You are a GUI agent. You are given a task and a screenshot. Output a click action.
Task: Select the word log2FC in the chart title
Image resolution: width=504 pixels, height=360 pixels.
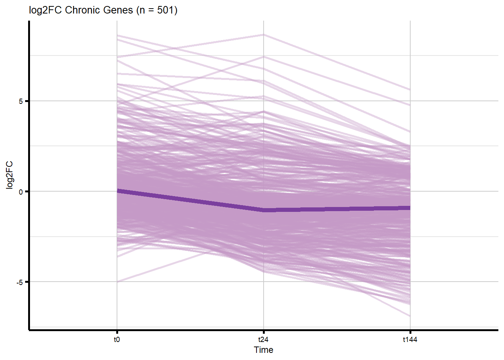[45, 10]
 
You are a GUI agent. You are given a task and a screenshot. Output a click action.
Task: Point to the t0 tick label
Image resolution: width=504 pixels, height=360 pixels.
[117, 340]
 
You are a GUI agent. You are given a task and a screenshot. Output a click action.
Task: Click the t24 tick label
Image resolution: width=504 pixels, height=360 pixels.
[264, 340]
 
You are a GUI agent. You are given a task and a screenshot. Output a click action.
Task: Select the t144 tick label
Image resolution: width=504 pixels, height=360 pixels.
[410, 340]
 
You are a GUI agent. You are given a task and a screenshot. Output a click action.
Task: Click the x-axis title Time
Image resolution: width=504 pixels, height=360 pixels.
[264, 350]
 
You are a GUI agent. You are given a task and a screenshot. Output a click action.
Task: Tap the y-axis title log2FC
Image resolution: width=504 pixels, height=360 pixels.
[10, 175]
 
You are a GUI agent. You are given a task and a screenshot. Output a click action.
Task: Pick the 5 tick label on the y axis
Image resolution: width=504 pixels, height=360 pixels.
[21, 101]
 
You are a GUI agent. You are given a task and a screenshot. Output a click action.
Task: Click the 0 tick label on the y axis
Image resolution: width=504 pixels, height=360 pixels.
[21, 192]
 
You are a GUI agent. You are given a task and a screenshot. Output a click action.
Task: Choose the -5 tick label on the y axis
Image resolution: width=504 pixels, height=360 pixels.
[19, 282]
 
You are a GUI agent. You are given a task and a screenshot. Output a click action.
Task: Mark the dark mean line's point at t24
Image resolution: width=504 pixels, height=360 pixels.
[264, 210]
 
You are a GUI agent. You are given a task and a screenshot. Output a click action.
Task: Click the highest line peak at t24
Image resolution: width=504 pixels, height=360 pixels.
[264, 34]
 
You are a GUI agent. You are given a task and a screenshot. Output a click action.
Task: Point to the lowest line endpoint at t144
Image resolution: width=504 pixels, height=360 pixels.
[410, 316]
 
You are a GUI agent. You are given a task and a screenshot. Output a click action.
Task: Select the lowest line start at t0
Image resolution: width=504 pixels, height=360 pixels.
[117, 282]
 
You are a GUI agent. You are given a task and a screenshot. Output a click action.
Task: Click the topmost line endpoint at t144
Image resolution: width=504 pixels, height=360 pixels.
[410, 90]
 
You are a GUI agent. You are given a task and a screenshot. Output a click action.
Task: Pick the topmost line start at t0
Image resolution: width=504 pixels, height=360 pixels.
[117, 35]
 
